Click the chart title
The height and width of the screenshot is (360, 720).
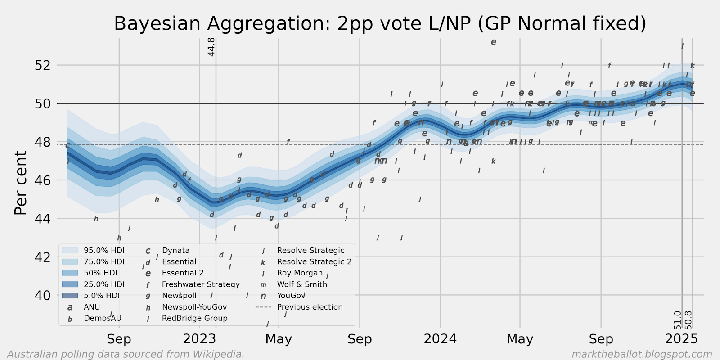click(x=380, y=24)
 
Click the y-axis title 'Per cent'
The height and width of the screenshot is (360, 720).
click(x=21, y=183)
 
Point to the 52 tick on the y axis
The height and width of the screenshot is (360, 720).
click(x=43, y=65)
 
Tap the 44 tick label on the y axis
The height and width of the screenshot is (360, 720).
click(x=43, y=219)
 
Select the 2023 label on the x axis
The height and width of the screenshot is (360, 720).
click(x=199, y=339)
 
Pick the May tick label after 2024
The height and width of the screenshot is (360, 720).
click(x=520, y=339)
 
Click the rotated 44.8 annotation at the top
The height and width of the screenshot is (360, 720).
click(x=211, y=47)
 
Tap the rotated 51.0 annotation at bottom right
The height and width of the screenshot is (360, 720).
click(x=678, y=320)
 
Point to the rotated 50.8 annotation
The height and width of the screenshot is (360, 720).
click(x=688, y=320)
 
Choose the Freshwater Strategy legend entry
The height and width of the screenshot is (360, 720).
click(x=201, y=284)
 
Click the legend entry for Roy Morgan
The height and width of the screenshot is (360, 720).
click(x=300, y=273)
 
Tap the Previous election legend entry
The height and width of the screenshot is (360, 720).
click(x=310, y=307)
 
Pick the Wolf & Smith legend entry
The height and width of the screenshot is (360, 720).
click(x=302, y=284)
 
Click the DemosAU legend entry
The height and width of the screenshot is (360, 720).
click(x=103, y=318)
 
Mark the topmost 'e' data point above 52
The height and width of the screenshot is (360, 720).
click(x=494, y=42)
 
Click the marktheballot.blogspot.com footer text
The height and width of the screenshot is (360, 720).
click(x=642, y=354)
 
